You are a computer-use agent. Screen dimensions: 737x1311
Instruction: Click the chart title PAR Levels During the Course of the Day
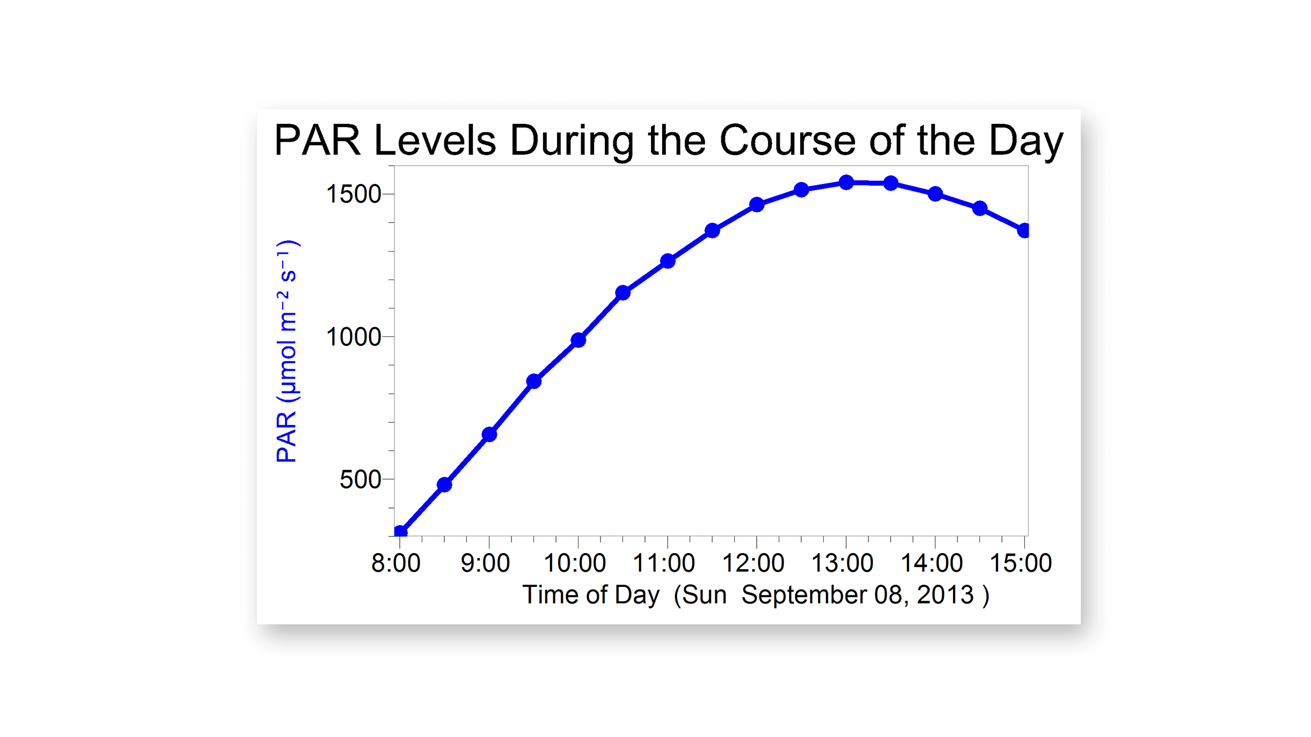pyautogui.click(x=668, y=141)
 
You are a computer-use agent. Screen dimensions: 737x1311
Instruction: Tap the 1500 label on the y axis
pyautogui.click(x=354, y=194)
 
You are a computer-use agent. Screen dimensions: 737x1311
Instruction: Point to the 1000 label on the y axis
pyautogui.click(x=354, y=337)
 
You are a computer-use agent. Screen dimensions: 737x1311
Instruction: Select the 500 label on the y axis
pyautogui.click(x=360, y=480)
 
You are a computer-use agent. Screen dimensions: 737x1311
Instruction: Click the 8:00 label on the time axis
pyautogui.click(x=396, y=563)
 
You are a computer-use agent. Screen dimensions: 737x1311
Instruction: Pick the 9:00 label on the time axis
pyautogui.click(x=486, y=563)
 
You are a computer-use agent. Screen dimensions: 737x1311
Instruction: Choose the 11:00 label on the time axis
pyautogui.click(x=664, y=563)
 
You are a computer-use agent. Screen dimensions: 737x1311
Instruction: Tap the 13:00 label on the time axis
pyautogui.click(x=843, y=563)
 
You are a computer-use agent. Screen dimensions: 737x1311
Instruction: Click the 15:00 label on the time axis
pyautogui.click(x=1021, y=563)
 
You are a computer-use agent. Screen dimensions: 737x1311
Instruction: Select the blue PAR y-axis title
pyautogui.click(x=287, y=351)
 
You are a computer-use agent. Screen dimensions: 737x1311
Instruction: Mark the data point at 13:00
pyautogui.click(x=846, y=182)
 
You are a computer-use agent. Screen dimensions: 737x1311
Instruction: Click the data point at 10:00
pyautogui.click(x=578, y=340)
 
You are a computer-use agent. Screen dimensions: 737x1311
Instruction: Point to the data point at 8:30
pyautogui.click(x=444, y=484)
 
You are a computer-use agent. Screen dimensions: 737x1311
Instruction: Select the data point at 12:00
pyautogui.click(x=757, y=204)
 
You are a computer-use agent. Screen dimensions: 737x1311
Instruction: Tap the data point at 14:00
pyautogui.click(x=935, y=194)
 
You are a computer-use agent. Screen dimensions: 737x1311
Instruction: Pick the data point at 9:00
pyautogui.click(x=489, y=434)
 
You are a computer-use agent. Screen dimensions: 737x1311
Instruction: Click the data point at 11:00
pyautogui.click(x=668, y=261)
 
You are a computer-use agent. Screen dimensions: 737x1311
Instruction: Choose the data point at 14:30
pyautogui.click(x=980, y=208)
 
